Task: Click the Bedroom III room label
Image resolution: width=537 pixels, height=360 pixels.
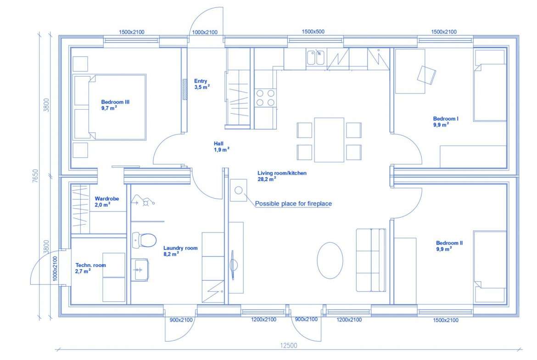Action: pos(115,105)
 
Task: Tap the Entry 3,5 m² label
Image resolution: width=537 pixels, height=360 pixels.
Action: pos(201,84)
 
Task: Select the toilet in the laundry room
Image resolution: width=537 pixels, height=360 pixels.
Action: pos(144,239)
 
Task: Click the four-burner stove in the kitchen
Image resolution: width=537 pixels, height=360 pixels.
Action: pos(265,98)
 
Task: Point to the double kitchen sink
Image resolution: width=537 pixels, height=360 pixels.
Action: pos(316,57)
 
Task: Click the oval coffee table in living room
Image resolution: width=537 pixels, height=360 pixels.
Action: pos(330,260)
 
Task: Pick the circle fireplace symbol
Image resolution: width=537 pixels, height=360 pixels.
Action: pos(239,190)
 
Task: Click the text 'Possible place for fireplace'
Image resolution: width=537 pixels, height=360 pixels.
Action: pos(293,204)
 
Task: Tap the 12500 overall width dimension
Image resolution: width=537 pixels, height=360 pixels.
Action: pos(289,345)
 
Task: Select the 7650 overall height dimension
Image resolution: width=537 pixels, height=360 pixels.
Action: pos(35,176)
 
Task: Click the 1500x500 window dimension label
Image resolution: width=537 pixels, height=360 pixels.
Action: pos(313,32)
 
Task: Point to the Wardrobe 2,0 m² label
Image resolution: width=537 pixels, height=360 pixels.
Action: pos(106,202)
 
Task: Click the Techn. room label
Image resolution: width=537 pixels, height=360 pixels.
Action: pos(90,268)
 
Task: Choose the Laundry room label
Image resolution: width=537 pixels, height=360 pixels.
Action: pos(180,251)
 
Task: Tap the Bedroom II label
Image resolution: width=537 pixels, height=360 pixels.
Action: pos(449,246)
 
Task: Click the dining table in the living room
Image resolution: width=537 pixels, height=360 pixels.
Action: pos(329,139)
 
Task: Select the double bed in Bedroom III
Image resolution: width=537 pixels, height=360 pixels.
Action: pos(110,107)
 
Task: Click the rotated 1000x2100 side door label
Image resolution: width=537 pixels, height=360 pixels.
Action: pos(55,269)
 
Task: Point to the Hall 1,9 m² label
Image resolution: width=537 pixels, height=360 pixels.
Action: pos(221,147)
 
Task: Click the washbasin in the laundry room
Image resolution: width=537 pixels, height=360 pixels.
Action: pos(140,270)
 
